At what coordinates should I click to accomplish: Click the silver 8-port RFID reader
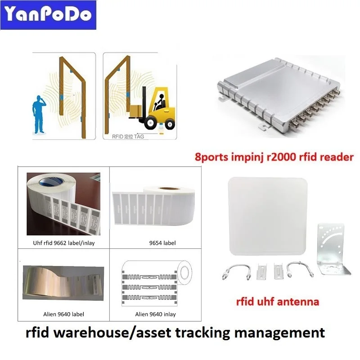(x=274, y=99)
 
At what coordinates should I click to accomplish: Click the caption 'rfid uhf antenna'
(x=278, y=301)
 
